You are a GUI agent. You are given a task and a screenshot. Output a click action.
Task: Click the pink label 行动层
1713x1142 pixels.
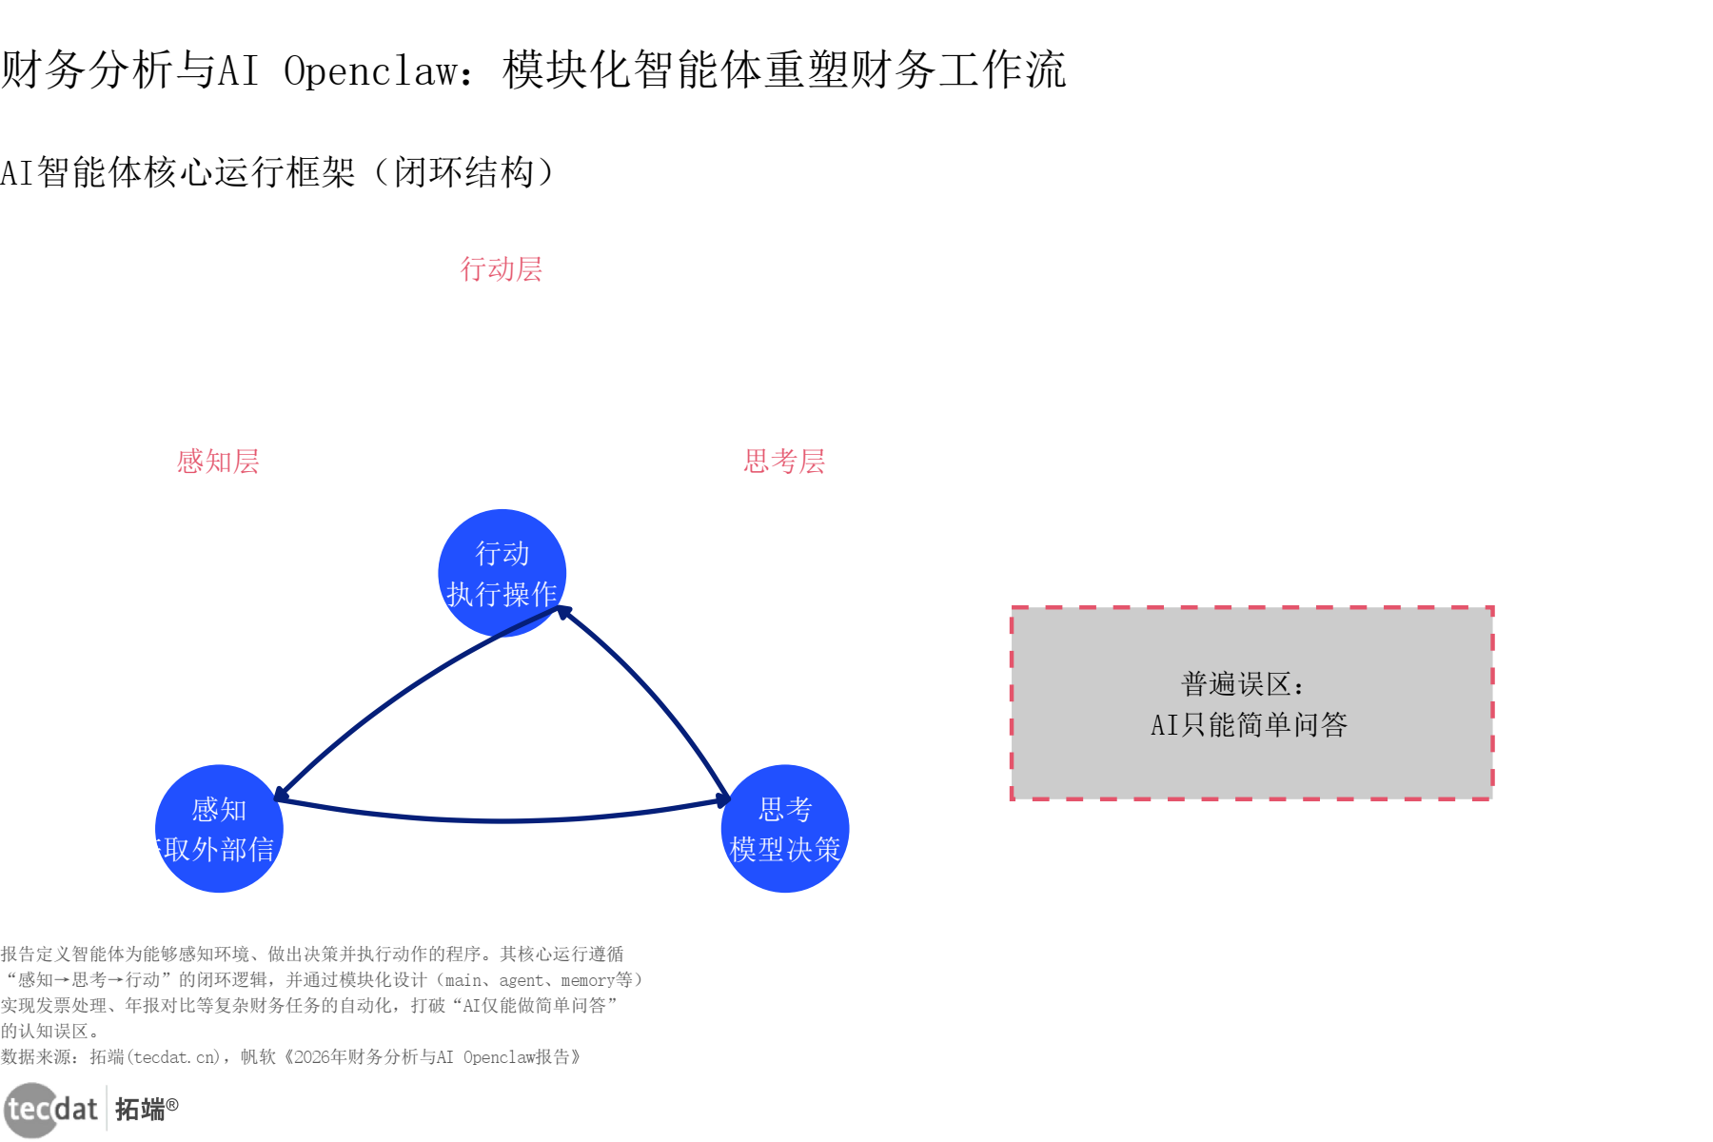502,269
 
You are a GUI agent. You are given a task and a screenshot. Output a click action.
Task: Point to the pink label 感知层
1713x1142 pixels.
218,462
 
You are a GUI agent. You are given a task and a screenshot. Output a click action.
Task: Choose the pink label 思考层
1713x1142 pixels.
784,462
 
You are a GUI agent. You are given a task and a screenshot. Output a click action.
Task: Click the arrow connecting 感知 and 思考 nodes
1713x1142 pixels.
502,819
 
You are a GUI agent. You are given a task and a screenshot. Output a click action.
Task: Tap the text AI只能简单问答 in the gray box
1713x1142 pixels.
1249,725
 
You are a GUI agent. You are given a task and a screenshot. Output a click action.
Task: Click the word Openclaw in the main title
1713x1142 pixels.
371,70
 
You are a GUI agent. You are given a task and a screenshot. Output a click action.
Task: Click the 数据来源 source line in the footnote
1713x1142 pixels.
290,1057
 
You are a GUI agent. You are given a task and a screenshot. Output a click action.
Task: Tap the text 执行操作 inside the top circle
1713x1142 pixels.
502,594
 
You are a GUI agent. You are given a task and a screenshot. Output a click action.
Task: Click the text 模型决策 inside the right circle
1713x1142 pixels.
785,849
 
